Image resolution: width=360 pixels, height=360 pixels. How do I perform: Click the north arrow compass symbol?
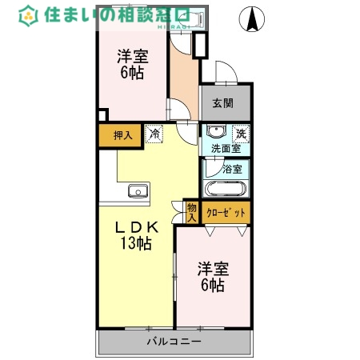253,20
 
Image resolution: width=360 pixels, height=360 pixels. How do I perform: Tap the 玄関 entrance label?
223,102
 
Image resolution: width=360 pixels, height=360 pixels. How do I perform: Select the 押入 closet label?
122,136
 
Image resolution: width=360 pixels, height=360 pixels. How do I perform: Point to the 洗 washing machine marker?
241,134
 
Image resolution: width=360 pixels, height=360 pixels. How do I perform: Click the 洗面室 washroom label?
226,149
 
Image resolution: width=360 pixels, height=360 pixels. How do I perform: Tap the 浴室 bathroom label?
233,169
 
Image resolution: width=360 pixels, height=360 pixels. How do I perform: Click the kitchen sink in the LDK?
138,191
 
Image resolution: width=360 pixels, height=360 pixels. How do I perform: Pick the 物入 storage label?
191,212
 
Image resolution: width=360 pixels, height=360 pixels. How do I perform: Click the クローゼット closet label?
226,213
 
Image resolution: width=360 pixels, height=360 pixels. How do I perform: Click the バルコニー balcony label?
174,342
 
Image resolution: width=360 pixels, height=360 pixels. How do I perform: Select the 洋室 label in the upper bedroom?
133,56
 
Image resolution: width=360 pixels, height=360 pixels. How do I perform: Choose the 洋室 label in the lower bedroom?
212,269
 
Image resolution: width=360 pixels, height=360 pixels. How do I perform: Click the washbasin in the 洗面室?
215,133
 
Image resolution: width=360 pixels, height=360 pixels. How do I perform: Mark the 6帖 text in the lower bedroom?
212,286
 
